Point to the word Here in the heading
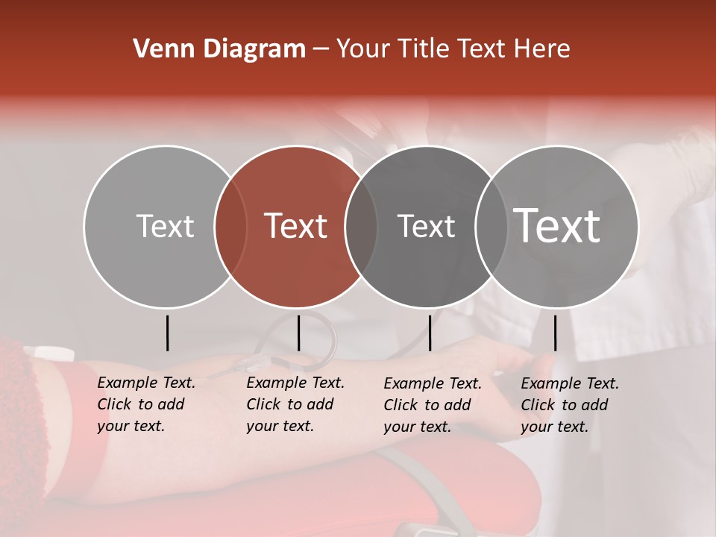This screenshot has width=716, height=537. (544, 49)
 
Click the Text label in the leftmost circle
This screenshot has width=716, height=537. (165, 226)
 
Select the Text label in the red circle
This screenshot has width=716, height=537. (296, 226)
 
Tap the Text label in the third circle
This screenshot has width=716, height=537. (426, 226)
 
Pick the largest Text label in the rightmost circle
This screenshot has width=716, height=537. (557, 226)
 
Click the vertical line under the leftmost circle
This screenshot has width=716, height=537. (168, 333)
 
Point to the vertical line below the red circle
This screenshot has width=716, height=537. (298, 333)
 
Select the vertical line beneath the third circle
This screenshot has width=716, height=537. (430, 333)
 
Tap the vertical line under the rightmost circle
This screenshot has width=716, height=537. (555, 333)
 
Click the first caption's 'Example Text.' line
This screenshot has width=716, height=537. (146, 383)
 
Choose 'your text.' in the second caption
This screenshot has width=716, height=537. (280, 426)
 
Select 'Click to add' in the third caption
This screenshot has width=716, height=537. (427, 405)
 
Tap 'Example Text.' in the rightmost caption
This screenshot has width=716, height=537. (570, 383)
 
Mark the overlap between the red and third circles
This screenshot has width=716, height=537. (361, 227)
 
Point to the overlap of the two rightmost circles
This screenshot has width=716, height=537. (492, 227)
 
